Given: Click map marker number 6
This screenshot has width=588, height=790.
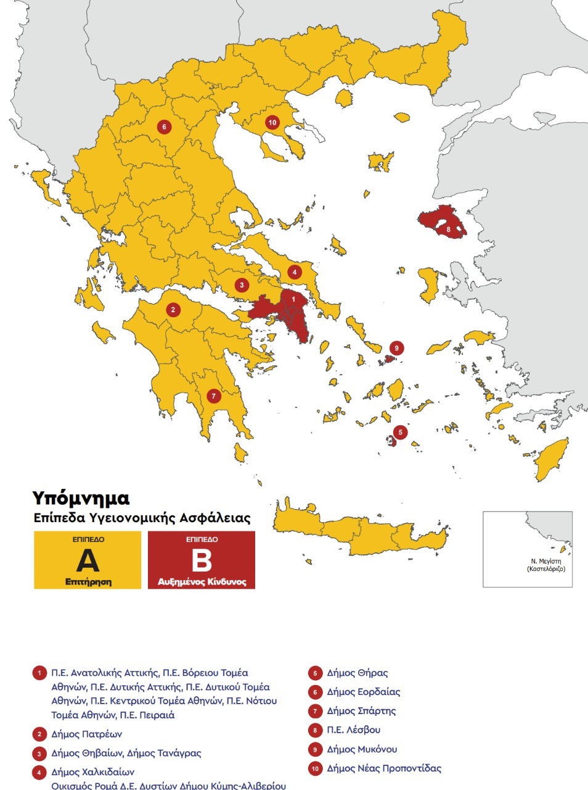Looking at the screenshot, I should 163,127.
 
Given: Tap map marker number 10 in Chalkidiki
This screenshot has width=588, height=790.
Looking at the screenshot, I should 272,122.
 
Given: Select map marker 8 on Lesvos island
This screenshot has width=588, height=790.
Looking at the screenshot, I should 449,230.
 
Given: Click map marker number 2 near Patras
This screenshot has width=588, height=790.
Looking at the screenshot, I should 173,310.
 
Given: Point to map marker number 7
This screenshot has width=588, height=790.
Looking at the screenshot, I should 213,396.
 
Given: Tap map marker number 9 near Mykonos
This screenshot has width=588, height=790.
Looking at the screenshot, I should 397,348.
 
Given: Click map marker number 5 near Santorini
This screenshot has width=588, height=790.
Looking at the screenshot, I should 400,432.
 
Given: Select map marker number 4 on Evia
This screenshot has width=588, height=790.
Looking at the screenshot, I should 295,272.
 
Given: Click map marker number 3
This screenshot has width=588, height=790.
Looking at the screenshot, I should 242,285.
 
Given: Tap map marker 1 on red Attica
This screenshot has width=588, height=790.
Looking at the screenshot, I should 293,299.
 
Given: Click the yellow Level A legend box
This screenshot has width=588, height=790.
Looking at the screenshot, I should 88,560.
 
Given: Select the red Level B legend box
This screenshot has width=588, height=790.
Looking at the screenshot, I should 202,560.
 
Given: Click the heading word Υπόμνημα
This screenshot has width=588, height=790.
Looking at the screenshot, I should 81,498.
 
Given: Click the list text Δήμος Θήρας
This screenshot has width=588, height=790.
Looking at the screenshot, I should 357,673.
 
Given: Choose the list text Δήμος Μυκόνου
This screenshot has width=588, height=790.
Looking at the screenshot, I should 362,749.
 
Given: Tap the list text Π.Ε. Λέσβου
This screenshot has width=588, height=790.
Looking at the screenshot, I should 354,730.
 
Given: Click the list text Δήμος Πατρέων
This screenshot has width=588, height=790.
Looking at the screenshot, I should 87,734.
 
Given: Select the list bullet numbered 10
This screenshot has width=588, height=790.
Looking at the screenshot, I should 315,769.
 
